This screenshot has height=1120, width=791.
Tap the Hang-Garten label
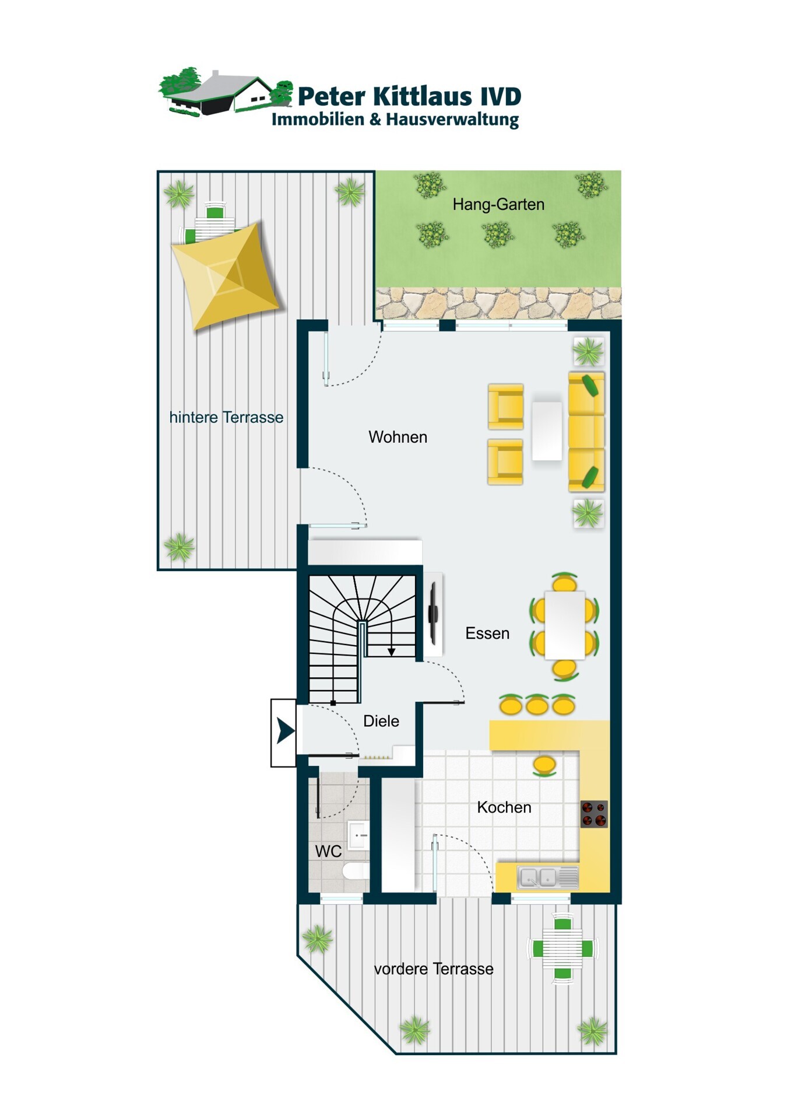click(x=498, y=205)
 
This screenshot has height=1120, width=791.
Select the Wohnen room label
click(x=398, y=437)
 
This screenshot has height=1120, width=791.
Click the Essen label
click(x=487, y=633)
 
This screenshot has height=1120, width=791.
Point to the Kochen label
click(x=504, y=807)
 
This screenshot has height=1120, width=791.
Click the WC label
click(x=328, y=852)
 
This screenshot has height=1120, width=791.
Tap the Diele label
click(x=381, y=721)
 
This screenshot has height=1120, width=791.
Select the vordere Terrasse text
click(x=434, y=969)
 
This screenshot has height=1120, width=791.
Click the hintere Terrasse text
click(x=226, y=417)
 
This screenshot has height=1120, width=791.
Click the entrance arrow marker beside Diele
click(x=284, y=731)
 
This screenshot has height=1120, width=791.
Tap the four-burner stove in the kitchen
click(x=594, y=814)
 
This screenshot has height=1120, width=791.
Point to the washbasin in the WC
click(x=358, y=835)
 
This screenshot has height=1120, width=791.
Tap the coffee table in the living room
click(x=547, y=430)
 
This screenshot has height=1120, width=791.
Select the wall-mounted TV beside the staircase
click(x=433, y=614)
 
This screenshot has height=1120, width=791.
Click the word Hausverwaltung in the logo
click(x=452, y=120)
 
